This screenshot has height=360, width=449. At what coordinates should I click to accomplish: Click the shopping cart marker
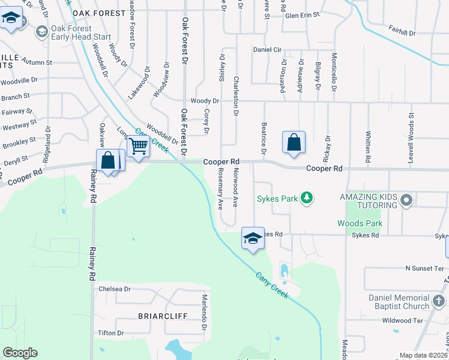point(139,146)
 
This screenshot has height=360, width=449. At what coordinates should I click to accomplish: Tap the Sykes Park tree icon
point(307,197)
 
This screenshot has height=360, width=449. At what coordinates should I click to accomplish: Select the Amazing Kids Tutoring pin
point(406,200)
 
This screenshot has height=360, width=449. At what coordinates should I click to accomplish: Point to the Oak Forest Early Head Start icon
point(41,32)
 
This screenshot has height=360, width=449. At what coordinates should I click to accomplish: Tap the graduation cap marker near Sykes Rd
point(253,239)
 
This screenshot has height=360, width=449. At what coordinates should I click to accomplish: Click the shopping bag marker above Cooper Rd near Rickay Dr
point(294,143)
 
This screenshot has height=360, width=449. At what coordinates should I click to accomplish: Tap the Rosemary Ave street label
point(221,187)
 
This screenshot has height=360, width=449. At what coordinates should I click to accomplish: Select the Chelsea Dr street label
point(115,289)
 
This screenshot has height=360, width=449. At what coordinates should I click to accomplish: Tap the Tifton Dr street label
point(112,333)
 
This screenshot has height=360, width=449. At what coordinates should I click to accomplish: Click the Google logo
point(20,353)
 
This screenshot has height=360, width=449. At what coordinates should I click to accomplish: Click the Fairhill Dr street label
point(402,32)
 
